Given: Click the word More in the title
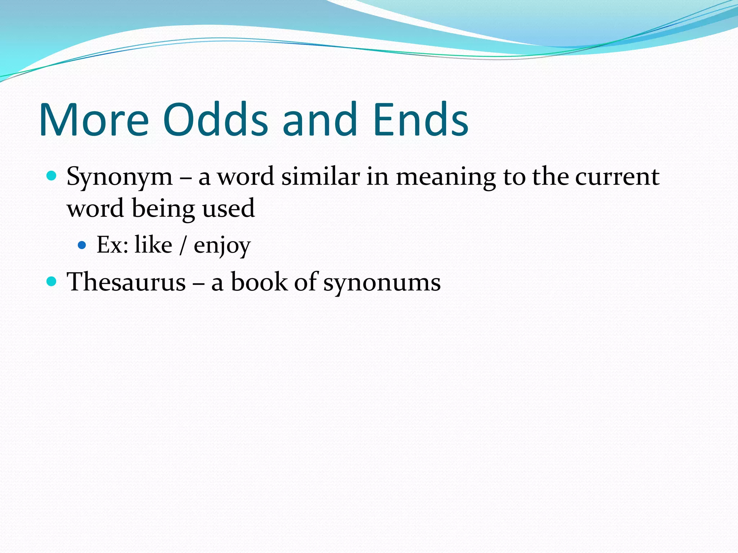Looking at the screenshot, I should pyautogui.click(x=94, y=120).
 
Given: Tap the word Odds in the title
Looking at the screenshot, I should pyautogui.click(x=215, y=120).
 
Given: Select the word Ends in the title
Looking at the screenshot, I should pyautogui.click(x=420, y=120).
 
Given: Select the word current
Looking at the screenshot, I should pyautogui.click(x=617, y=177).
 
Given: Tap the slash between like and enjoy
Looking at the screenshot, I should pyautogui.click(x=183, y=246).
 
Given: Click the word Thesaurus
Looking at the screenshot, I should pyautogui.click(x=126, y=282).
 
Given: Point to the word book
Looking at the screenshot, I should pyautogui.click(x=259, y=282).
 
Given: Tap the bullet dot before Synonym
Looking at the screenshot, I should pyautogui.click(x=52, y=176).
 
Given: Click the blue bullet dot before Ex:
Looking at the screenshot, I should pyautogui.click(x=82, y=246).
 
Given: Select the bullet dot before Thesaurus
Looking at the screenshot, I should pyautogui.click(x=52, y=281).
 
